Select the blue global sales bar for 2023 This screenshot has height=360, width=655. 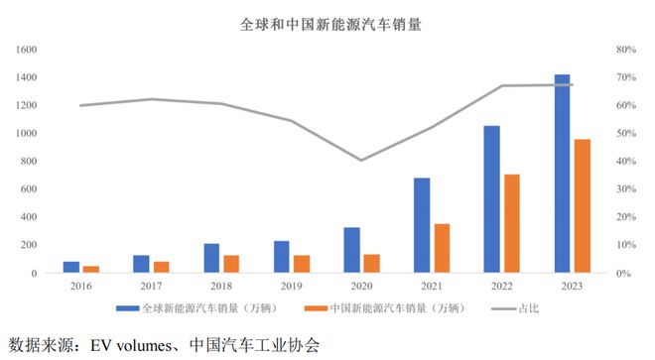563,173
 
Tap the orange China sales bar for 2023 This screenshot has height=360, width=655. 583,205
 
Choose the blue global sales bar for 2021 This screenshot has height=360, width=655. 422,225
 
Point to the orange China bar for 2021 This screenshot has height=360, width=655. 442,248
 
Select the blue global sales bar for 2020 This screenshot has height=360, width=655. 351,250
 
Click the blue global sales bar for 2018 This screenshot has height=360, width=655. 211,258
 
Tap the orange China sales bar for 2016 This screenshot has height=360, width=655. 91,269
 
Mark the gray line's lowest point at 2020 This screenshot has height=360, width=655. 361,160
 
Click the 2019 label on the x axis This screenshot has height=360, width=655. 291,286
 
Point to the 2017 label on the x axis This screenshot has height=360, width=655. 151,286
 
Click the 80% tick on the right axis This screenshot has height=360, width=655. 626,49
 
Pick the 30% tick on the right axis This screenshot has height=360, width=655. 626,188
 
